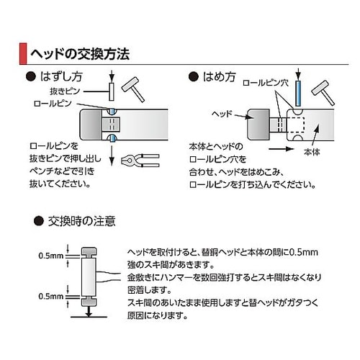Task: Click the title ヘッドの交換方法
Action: click(x=79, y=53)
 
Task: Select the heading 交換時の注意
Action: click(x=81, y=219)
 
